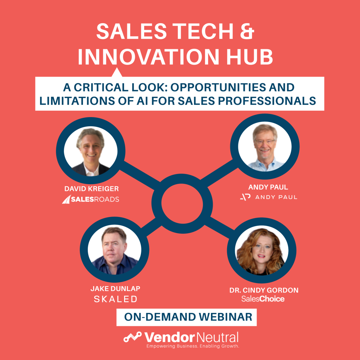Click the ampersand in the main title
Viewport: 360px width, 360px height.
point(247,31)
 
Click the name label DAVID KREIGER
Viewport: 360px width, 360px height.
point(92,189)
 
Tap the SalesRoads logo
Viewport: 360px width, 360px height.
point(91,199)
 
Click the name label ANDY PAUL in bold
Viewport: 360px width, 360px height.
point(268,187)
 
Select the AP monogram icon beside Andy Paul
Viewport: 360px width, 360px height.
point(245,197)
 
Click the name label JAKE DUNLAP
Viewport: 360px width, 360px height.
point(115,289)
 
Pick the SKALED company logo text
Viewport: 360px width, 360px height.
point(115,299)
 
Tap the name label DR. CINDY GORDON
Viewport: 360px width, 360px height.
point(264,290)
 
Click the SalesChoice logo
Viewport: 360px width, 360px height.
point(263,299)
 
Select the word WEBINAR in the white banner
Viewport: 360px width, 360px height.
point(226,317)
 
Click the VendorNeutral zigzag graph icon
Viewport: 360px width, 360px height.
point(133,337)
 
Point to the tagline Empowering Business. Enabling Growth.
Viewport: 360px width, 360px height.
point(193,346)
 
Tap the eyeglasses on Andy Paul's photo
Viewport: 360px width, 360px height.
point(265,142)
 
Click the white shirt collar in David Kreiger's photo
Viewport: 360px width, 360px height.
point(91,170)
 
